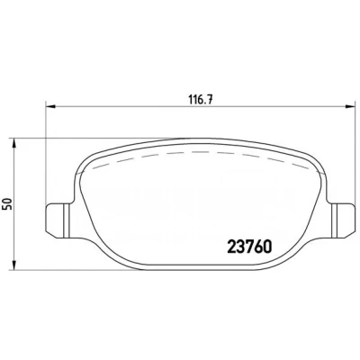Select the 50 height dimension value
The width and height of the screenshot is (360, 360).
click(x=8, y=203)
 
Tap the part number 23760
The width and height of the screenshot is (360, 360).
click(x=250, y=247)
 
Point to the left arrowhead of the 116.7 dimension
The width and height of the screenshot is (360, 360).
click(x=50, y=106)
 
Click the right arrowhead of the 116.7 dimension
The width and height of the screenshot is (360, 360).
click(x=350, y=106)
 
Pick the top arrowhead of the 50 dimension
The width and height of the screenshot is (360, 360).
click(x=13, y=144)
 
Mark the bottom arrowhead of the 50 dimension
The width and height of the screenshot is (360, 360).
click(x=13, y=265)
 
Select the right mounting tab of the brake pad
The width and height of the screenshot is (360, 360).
click(x=342, y=220)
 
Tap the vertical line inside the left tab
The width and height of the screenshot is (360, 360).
click(x=65, y=220)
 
